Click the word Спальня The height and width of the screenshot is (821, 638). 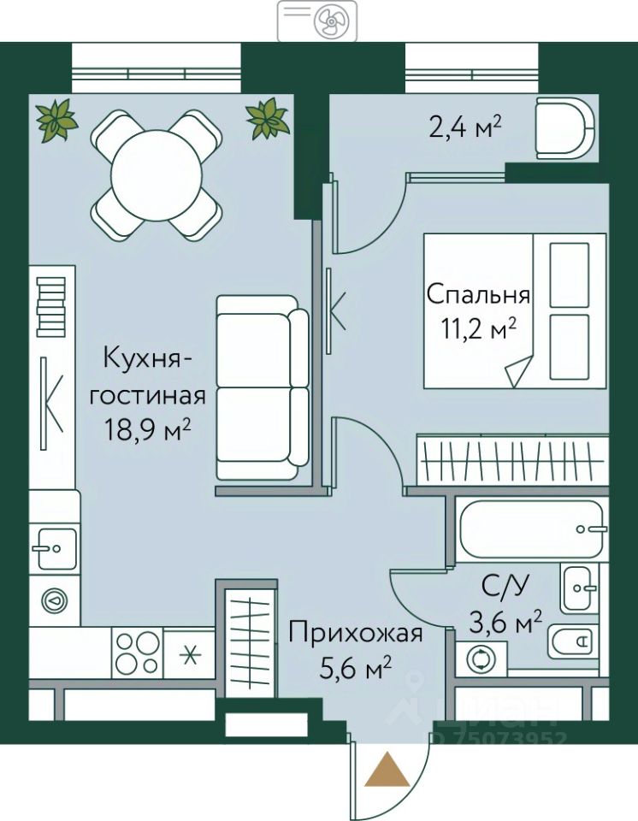(x=478, y=295)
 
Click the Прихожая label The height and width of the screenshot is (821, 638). (x=355, y=634)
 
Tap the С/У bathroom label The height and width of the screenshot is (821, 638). (x=505, y=589)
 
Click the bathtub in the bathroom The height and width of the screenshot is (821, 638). (x=531, y=529)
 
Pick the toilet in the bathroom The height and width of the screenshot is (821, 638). (x=573, y=641)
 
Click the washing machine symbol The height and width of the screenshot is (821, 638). (x=481, y=659)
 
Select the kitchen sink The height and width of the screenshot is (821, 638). (x=56, y=548)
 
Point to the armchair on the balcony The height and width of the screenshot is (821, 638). (x=564, y=127)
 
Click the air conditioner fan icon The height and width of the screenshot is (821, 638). (x=328, y=22)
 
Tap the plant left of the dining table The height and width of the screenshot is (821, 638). (x=56, y=120)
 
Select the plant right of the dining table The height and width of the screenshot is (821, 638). (x=268, y=119)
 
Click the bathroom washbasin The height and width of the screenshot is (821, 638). (x=579, y=588)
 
